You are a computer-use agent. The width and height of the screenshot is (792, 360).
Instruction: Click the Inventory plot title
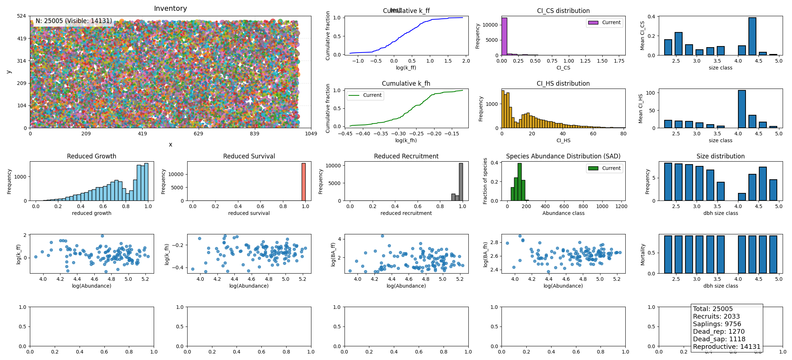(170, 8)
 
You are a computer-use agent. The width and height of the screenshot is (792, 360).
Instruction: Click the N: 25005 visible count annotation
(74, 21)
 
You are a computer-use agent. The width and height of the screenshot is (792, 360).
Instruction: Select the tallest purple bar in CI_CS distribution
(504, 36)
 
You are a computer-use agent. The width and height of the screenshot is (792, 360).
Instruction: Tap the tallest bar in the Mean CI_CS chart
(752, 36)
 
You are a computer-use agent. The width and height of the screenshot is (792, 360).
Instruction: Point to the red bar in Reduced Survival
(303, 182)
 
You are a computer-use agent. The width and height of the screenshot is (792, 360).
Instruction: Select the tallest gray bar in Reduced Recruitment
(461, 182)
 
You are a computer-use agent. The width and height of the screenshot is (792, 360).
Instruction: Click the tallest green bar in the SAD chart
(519, 182)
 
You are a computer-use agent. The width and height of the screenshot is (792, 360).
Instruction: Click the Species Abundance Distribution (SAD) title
(563, 156)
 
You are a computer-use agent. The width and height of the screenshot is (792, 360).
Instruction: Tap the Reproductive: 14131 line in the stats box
(726, 347)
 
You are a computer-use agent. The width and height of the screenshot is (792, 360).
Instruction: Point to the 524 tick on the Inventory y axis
(22, 16)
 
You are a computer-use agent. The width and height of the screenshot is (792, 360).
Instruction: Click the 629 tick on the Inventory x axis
(198, 134)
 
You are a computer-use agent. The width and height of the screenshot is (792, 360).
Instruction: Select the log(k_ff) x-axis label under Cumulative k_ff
(406, 68)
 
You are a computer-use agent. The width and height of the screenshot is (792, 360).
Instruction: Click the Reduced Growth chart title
(91, 156)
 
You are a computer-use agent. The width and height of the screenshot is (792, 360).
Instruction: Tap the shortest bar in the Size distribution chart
(742, 197)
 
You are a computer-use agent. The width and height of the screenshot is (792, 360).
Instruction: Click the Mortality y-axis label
(643, 255)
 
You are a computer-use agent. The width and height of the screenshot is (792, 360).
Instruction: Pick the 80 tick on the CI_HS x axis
(623, 134)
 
